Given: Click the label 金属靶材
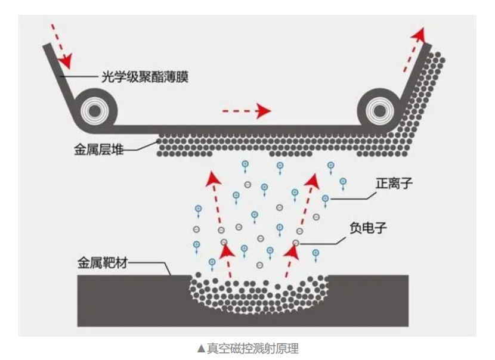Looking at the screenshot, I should [103, 262].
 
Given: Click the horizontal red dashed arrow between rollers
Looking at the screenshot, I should [246, 110].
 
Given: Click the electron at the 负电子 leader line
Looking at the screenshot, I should [296, 243].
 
